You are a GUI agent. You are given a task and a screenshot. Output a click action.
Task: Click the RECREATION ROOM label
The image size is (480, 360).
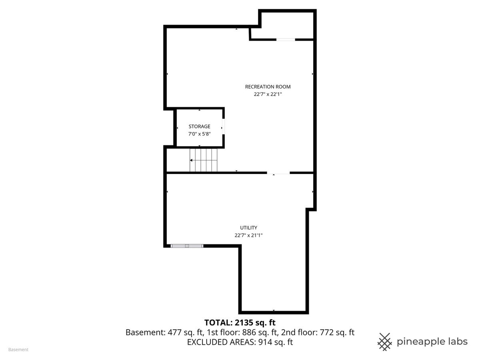point(268,87)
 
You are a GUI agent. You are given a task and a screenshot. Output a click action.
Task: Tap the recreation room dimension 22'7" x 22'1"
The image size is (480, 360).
point(268,94)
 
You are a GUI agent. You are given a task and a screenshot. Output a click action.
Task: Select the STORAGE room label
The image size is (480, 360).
point(199,126)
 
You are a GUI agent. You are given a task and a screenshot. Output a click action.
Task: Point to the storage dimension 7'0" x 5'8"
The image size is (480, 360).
point(199,134)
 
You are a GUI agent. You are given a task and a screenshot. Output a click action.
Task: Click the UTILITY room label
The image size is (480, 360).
point(248,228)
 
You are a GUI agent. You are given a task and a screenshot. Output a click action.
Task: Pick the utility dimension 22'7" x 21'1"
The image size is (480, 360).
point(248,236)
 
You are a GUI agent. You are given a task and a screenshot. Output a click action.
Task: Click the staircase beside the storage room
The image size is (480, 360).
point(203,160)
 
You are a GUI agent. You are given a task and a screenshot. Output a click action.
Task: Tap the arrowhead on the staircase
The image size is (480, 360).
point(191,160)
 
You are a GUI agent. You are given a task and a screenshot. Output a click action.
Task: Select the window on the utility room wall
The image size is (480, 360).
point(187,246)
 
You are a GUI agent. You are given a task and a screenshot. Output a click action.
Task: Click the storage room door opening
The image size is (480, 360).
point(223,126)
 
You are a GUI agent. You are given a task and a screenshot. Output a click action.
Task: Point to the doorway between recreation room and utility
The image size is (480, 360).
point(278,173)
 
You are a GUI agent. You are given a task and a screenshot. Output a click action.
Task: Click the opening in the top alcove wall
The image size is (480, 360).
point(286,40)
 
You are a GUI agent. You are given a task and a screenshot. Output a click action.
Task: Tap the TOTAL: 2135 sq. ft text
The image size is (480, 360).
point(240,322)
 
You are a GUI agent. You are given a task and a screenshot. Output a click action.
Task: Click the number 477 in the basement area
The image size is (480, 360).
point(174,332)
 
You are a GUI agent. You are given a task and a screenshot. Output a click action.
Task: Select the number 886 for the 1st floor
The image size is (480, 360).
point(249,332)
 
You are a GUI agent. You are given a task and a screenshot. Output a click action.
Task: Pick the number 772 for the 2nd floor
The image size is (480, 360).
point(327,332)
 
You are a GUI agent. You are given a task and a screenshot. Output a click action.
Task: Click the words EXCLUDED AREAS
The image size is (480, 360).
point(221,342)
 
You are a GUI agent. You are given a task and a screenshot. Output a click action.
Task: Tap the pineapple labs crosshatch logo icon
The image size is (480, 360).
point(385,342)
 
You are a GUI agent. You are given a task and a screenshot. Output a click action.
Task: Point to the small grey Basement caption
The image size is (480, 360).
point(18,350)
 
